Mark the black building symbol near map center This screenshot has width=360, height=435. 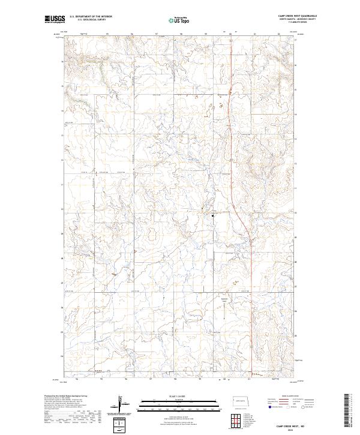(x=212, y=213)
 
